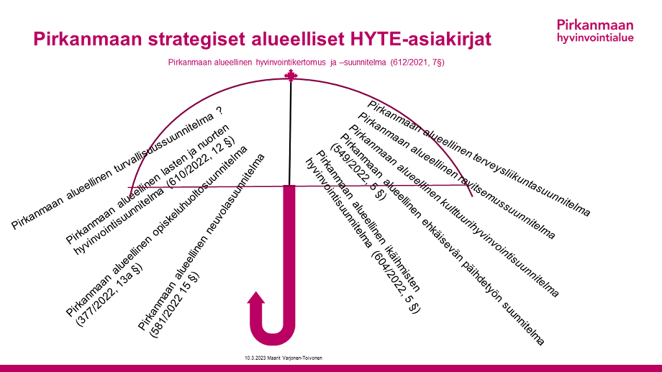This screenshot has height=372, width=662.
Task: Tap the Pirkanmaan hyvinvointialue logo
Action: pyautogui.click(x=595, y=30)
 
